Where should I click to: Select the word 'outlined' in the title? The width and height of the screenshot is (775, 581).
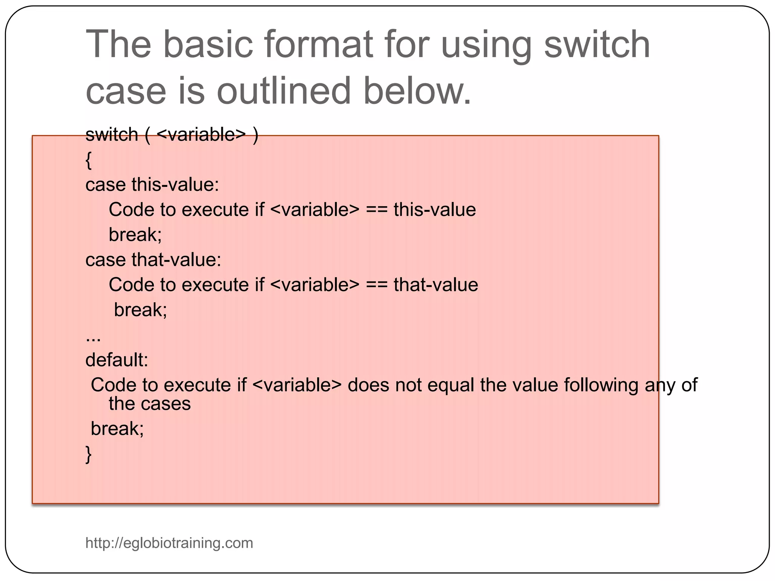click(284, 91)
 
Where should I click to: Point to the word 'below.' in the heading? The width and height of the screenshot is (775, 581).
click(417, 91)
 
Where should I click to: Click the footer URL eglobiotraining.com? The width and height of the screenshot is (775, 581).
click(169, 543)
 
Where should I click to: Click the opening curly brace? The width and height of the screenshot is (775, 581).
click(89, 160)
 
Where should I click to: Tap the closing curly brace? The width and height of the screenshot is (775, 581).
click(89, 454)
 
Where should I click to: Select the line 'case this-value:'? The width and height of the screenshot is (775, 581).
click(152, 185)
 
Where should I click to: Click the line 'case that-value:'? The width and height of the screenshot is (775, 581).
click(153, 260)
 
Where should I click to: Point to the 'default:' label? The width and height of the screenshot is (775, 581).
click(117, 360)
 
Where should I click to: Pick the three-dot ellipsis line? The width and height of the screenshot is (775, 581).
click(93, 338)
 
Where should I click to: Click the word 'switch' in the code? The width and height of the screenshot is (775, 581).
click(112, 135)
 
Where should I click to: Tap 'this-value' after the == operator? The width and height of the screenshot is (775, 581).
click(434, 210)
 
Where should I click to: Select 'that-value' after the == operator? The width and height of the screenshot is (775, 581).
click(436, 285)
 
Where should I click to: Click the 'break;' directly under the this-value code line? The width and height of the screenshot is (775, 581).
click(135, 235)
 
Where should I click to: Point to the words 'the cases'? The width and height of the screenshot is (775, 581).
click(149, 404)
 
